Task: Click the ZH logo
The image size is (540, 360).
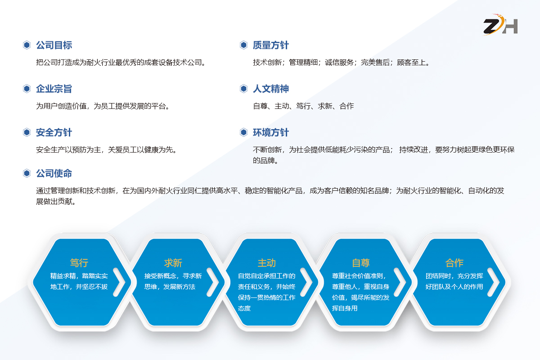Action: (x=500, y=25)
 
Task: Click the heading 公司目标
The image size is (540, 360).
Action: (x=54, y=45)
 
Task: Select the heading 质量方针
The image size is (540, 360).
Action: (x=271, y=45)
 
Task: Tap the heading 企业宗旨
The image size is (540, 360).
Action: (x=54, y=89)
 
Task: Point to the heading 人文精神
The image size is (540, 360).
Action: (x=271, y=89)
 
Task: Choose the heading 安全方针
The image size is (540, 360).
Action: (x=54, y=132)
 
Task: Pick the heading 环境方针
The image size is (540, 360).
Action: (x=271, y=132)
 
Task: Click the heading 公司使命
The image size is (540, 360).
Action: (x=54, y=173)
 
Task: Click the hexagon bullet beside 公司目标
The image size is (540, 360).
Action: (x=27, y=45)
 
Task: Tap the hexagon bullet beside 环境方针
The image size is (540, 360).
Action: (x=244, y=132)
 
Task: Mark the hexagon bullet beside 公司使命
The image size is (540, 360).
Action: (x=27, y=173)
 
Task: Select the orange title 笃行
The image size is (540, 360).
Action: (x=79, y=263)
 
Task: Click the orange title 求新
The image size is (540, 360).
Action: (x=173, y=263)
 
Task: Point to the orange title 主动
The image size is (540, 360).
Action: (x=266, y=263)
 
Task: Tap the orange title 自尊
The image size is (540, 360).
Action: (x=360, y=263)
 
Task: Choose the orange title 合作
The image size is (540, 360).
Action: (x=454, y=263)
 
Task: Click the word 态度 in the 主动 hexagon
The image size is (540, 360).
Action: (x=244, y=308)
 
